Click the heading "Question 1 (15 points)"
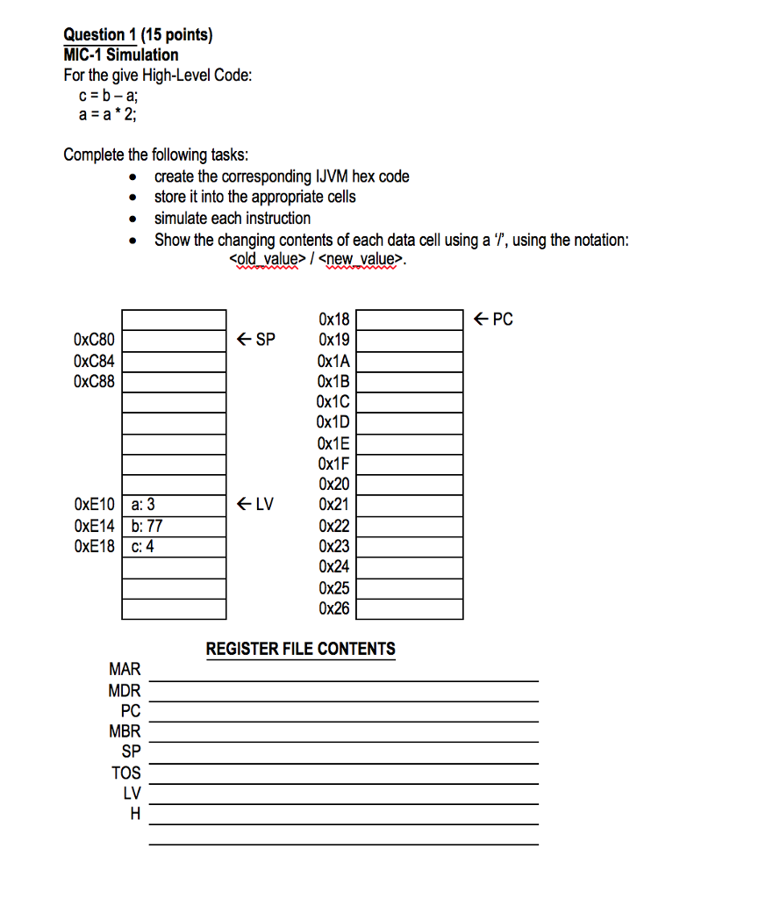click(x=138, y=35)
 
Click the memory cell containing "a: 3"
click(x=174, y=505)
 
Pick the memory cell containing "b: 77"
click(x=174, y=526)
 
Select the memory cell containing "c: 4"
click(x=174, y=546)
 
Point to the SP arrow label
click(x=256, y=339)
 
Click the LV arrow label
click(x=256, y=504)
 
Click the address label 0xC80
click(x=95, y=340)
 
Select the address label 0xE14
click(x=95, y=526)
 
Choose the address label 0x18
click(x=334, y=320)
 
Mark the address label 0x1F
click(x=334, y=464)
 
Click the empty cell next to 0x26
click(x=409, y=608)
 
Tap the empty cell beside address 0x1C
click(x=409, y=402)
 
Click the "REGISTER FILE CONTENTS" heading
click(x=300, y=650)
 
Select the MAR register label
click(x=125, y=671)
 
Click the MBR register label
click(x=125, y=731)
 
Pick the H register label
click(x=134, y=814)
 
